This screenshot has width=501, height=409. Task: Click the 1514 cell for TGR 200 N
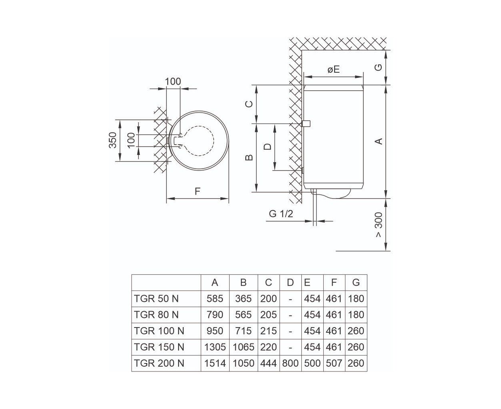pos(215,363)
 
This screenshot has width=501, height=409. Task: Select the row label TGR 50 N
pos(156,298)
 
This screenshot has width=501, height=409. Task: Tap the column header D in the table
pos(290,282)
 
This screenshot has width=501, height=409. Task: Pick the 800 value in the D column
pos(290,363)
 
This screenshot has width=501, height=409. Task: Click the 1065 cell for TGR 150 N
pos(243,347)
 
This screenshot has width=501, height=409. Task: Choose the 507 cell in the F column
pos(334,363)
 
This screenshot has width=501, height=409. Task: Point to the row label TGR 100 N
pos(159,331)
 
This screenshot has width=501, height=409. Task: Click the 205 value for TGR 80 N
pos(269,315)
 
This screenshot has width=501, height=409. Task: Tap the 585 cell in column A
pos(215,298)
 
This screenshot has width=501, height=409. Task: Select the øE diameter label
pos(333,69)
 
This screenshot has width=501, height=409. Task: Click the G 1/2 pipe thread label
pos(281,214)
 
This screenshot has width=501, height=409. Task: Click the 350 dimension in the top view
pos(113,140)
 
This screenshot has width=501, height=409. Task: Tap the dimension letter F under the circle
pos(197,191)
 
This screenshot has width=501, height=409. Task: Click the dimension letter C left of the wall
pos(249,104)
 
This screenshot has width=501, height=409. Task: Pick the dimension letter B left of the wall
pos(249,157)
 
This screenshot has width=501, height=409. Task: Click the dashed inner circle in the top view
pos(214,141)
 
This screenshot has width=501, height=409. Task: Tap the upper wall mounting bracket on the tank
pos(306,123)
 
